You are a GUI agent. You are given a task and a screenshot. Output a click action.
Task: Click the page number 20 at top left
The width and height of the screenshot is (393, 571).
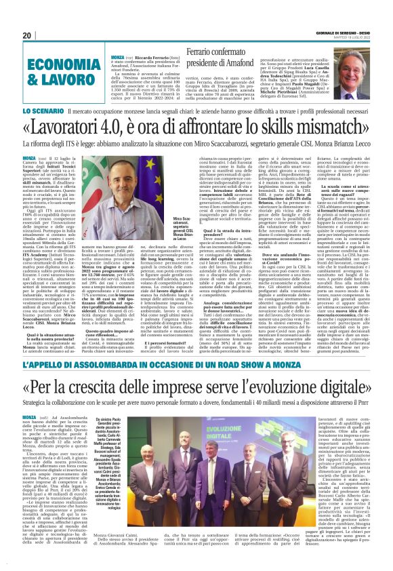point(27,35)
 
